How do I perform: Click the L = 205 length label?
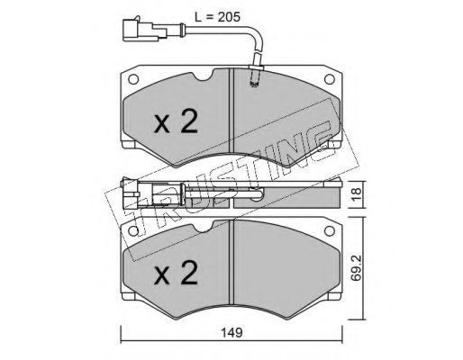coord(218,17)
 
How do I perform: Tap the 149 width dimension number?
coord(231,333)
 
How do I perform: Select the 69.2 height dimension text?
coord(357,268)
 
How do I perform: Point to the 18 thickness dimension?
coord(357,194)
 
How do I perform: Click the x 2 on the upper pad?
coord(176,121)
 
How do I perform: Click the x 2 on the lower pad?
coord(176,273)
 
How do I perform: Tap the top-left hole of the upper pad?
coord(133,79)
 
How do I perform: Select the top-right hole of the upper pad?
coord(330,79)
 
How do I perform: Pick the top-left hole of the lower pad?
coord(133,230)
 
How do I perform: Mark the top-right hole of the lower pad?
coord(330,230)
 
